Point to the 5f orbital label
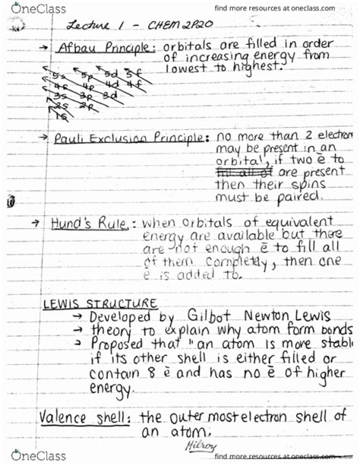coord(132,73)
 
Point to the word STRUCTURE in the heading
coord(123,303)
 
